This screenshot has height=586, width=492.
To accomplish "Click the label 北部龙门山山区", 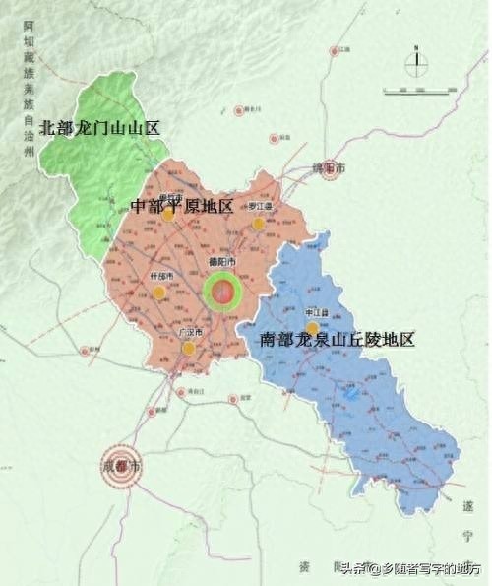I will [x=99, y=128].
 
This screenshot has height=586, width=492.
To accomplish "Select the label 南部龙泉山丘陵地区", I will [x=338, y=339].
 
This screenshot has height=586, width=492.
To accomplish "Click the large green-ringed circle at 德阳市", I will [x=223, y=292].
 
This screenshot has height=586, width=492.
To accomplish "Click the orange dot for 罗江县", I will [x=258, y=224].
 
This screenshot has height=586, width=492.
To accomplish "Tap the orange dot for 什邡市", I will [x=159, y=293].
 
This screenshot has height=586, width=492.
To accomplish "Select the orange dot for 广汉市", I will [x=188, y=348].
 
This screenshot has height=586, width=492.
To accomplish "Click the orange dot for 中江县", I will [x=312, y=328].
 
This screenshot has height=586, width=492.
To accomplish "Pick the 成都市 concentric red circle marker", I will [x=122, y=464].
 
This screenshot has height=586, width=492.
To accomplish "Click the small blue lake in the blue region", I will [x=351, y=393].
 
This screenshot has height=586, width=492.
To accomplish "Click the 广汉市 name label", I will [x=191, y=333].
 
